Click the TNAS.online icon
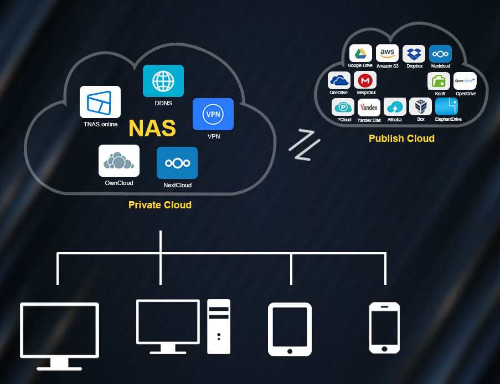[x=100, y=102]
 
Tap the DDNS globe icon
[x=163, y=81]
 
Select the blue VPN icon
[x=213, y=114]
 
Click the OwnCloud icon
[x=119, y=161]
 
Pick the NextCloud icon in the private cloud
[x=177, y=163]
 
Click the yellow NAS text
[x=152, y=128]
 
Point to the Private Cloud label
[x=160, y=205]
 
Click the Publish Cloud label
[x=401, y=138]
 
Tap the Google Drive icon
[x=360, y=54]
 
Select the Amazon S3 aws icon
[x=387, y=54]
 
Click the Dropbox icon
[x=414, y=54]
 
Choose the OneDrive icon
[x=339, y=80]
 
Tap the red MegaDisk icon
[x=365, y=80]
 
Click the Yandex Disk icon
[x=369, y=107]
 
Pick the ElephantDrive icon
[x=446, y=106]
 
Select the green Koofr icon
[x=439, y=81]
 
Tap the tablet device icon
[x=290, y=329]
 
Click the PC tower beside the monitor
[x=218, y=326]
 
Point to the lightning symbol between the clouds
[x=304, y=145]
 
